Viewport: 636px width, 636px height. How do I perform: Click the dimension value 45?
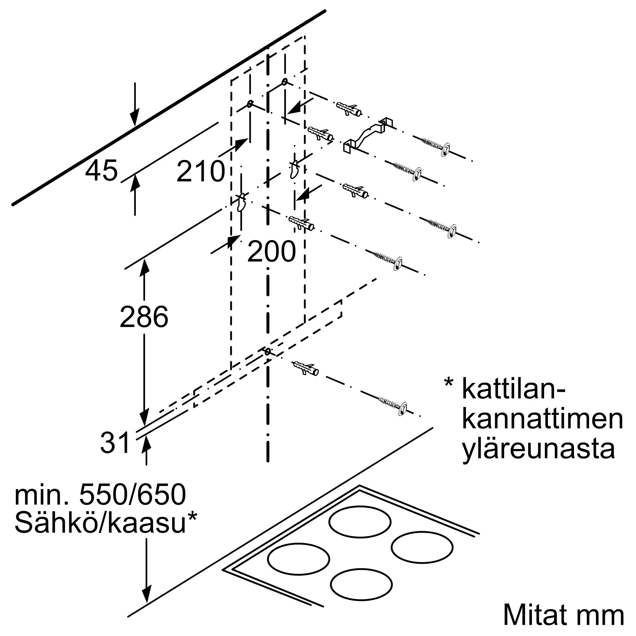point(101,170)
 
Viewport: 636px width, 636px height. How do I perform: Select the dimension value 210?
point(200,171)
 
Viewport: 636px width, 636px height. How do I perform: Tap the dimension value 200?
point(272,252)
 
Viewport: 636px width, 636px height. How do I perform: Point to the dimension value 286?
point(144,317)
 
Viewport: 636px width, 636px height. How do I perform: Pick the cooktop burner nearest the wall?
point(360,522)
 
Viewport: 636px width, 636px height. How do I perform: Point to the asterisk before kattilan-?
point(449,384)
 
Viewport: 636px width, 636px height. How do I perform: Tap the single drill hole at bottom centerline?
point(268,352)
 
